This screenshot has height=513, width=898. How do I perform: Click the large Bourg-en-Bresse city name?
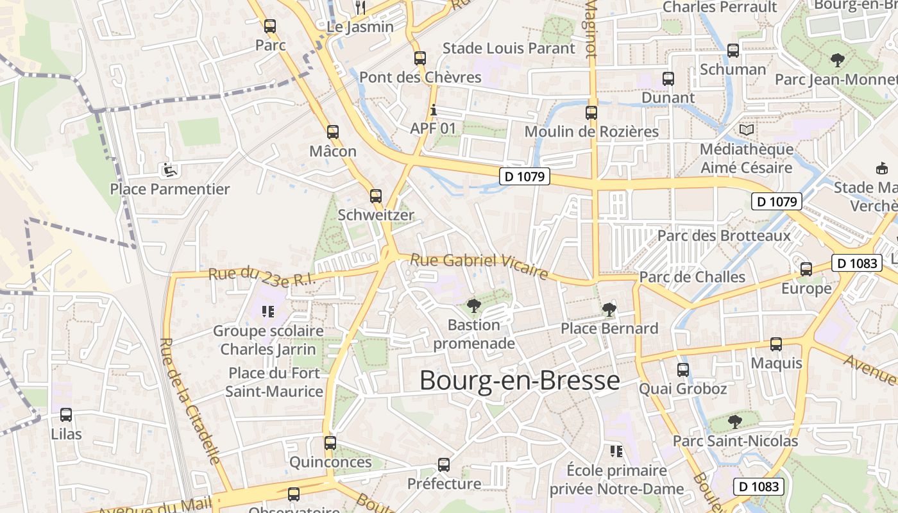pyautogui.click(x=520, y=381)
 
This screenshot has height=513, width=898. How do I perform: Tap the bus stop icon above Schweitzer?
pyautogui.click(x=376, y=196)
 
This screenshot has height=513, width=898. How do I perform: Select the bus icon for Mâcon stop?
pyautogui.click(x=332, y=132)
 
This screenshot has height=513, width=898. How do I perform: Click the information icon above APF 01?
pyautogui.click(x=434, y=110)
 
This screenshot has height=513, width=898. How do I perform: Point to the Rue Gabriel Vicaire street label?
pyautogui.click(x=479, y=266)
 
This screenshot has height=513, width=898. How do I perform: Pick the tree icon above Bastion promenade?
pyautogui.click(x=474, y=306)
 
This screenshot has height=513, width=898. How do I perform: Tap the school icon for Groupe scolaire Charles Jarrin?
pyautogui.click(x=268, y=312)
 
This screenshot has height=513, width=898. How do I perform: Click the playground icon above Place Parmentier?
pyautogui.click(x=169, y=170)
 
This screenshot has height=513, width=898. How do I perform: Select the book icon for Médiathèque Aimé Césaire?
pyautogui.click(x=746, y=130)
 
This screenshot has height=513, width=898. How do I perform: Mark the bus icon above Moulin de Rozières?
pyautogui.click(x=591, y=113)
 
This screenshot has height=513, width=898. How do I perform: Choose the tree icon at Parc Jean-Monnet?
pyautogui.click(x=837, y=61)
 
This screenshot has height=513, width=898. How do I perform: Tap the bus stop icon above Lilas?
pyautogui.click(x=66, y=415)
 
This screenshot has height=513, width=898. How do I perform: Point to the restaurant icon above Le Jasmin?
pyautogui.click(x=360, y=8)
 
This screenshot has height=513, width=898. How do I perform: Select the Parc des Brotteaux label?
pyautogui.click(x=724, y=235)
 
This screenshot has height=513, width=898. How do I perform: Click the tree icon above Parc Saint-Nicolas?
pyautogui.click(x=735, y=422)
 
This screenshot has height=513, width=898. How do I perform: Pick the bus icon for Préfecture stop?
pyautogui.click(x=444, y=465)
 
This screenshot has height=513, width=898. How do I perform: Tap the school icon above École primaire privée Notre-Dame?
pyautogui.click(x=616, y=451)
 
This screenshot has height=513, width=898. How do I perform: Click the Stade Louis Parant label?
pyautogui.click(x=509, y=48)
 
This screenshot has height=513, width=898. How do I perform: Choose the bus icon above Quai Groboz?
pyautogui.click(x=683, y=370)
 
